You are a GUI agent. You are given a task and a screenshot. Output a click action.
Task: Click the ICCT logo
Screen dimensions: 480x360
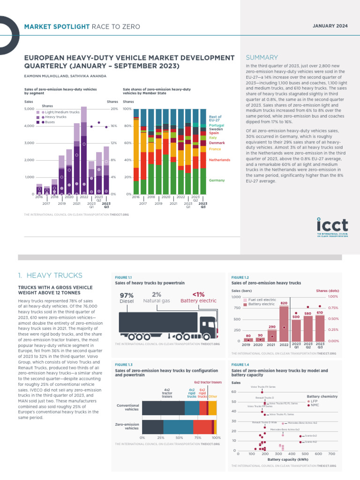coord(332,226)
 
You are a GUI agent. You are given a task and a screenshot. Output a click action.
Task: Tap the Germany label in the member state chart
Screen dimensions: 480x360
coord(217,180)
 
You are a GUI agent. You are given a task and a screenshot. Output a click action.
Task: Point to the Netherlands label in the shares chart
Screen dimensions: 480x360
coord(219,160)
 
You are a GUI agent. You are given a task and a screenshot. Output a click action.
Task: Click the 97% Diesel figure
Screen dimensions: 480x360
coord(127,298)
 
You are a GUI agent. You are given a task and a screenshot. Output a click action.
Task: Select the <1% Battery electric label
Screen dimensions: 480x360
coord(198,298)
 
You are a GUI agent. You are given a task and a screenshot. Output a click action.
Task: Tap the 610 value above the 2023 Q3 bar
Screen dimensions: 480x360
coord(320,312)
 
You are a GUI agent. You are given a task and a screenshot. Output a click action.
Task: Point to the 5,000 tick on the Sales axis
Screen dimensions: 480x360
coord(29,109)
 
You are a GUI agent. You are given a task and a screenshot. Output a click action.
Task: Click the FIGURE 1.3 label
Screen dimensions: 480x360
coord(124,364)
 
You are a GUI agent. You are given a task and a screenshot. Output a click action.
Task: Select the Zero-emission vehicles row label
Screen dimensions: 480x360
coord(128,426)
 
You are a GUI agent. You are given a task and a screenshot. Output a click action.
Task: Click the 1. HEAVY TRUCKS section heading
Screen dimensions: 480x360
coord(50,276)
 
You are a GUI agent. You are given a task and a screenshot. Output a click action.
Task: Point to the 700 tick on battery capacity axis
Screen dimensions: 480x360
coord(332,454)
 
